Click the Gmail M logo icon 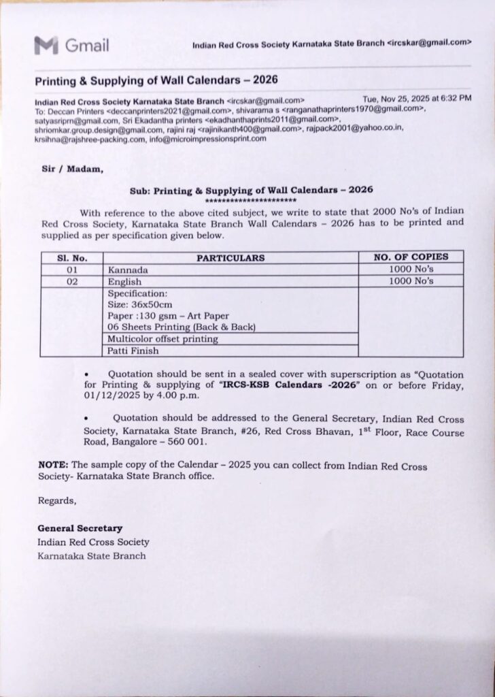pos(46,46)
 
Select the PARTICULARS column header pos(231,258)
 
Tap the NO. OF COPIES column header pos(411,257)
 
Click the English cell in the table pos(124,282)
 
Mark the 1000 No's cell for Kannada pos(411,270)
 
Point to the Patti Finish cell pos(133,351)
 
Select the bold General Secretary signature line pos(80,528)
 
